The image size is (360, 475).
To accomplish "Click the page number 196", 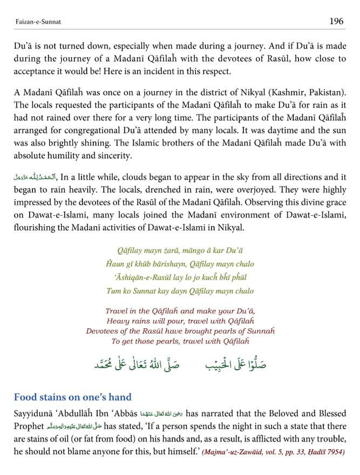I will [x=336, y=21].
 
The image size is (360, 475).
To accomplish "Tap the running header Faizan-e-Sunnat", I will [x=36, y=22].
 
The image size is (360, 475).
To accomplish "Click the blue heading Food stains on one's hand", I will [x=73, y=397].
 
